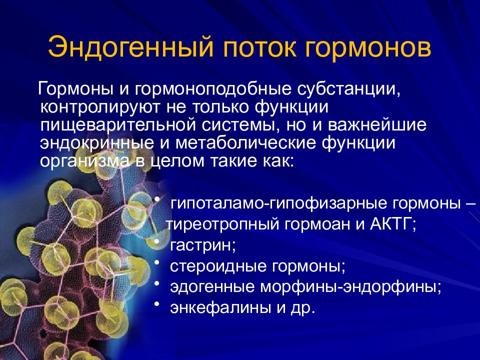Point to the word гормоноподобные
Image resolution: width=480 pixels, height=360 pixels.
(205, 89)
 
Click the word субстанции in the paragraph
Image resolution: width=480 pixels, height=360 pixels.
(342, 89)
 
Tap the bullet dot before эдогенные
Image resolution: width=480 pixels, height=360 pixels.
(157, 283)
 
